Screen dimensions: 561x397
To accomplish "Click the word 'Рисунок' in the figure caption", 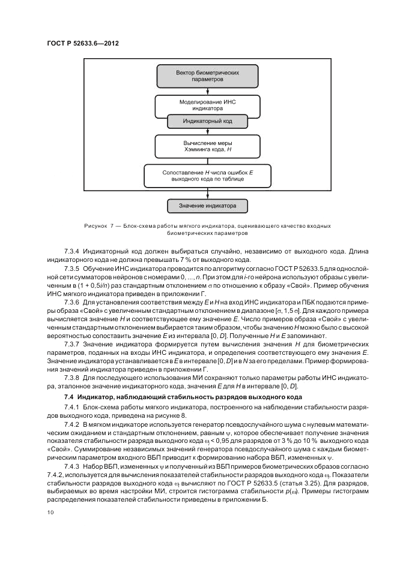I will [x=96, y=225].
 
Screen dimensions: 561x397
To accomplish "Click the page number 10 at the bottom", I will [x=50, y=512].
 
